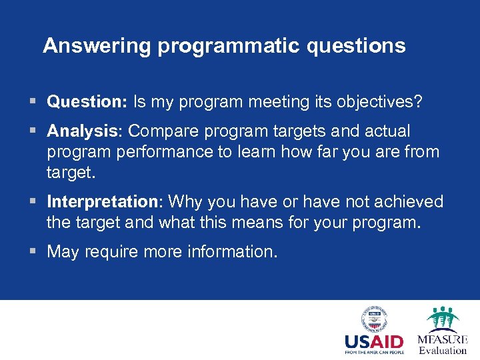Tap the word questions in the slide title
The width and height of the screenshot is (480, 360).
(356, 45)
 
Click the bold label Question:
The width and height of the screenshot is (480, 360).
(87, 102)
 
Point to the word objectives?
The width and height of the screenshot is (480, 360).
(381, 102)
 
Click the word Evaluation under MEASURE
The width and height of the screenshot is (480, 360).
(443, 351)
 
